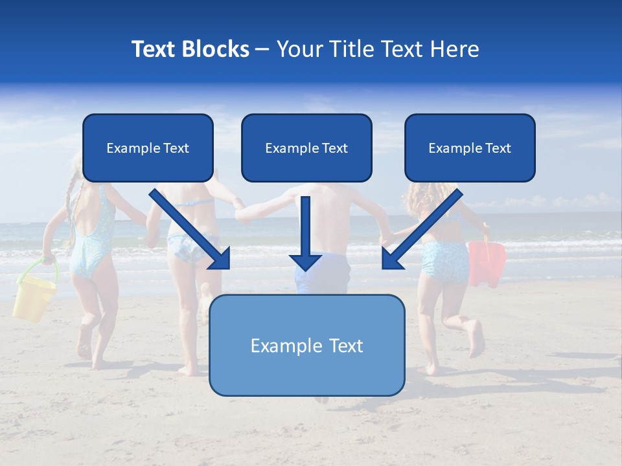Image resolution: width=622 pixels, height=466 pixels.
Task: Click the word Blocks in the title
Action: [214, 49]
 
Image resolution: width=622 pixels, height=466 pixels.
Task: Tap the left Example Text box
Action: [148, 148]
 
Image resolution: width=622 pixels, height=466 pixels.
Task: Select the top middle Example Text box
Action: [306, 148]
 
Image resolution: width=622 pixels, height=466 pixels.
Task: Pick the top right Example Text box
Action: [470, 148]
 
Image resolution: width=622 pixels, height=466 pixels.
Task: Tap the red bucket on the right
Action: [487, 263]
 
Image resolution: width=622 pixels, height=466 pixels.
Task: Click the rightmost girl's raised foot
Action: [476, 337]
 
